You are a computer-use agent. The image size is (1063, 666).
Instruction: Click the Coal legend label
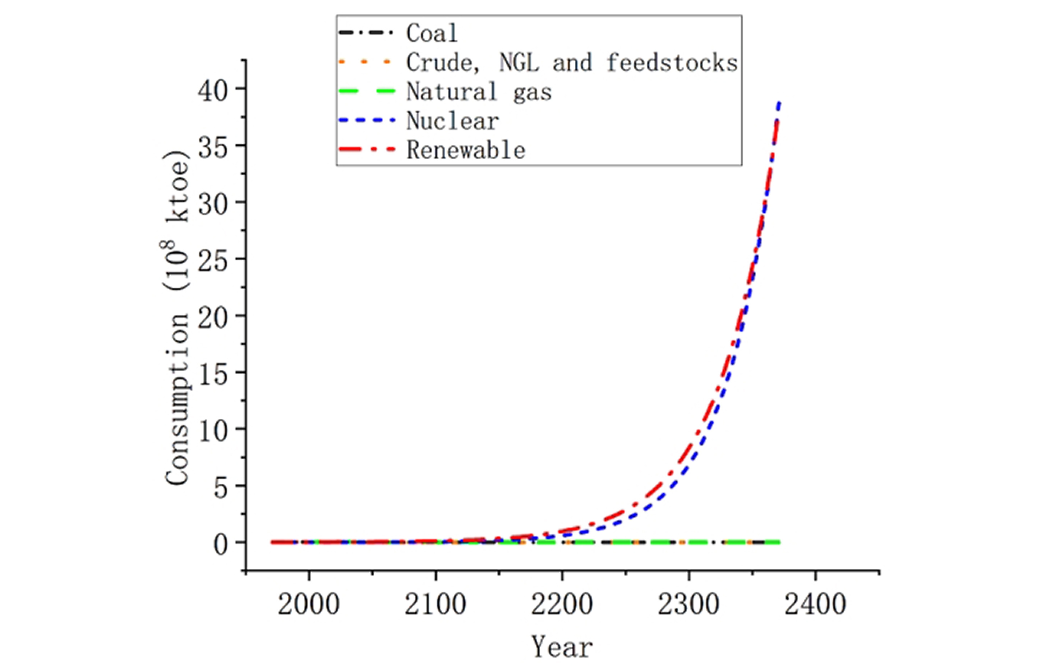(x=432, y=33)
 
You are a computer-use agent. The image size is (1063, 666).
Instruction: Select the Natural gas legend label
(x=479, y=92)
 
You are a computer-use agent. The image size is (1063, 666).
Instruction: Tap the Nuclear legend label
(x=453, y=121)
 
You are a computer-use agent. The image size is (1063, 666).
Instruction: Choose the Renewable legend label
(x=466, y=150)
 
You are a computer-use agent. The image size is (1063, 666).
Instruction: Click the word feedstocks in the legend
(x=672, y=63)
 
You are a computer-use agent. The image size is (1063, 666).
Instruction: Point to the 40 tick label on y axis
(x=213, y=91)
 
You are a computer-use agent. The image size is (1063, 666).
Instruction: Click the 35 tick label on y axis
(x=213, y=148)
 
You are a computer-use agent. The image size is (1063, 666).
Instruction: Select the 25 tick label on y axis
(x=213, y=262)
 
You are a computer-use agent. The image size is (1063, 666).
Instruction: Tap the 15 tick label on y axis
(x=213, y=375)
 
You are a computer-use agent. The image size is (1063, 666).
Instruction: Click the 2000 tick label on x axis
(x=309, y=604)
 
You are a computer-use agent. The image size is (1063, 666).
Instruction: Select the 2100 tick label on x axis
(x=435, y=604)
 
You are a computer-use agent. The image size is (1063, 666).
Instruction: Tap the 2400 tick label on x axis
(x=815, y=604)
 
